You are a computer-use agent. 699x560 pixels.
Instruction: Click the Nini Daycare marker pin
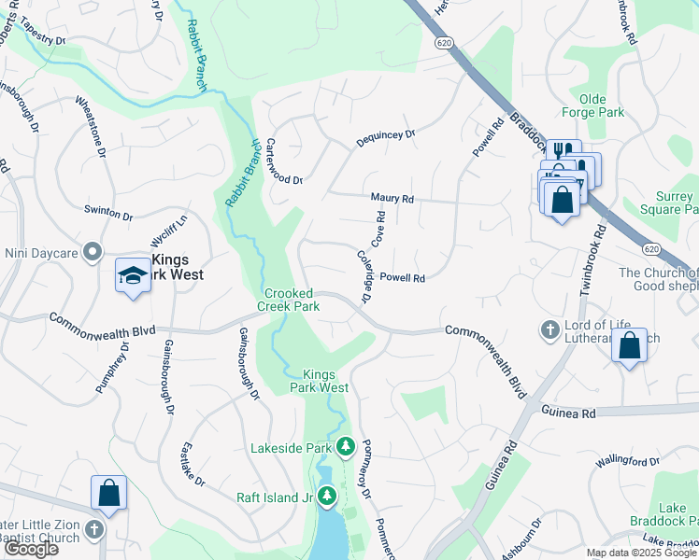pos(92,252)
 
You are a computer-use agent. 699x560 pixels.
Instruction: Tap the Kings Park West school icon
pos(133,275)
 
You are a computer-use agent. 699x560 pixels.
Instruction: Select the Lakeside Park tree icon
pos(346,448)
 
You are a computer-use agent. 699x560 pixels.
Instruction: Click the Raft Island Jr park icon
pos(327,497)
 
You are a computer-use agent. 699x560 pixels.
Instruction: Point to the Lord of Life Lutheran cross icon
pos(549,330)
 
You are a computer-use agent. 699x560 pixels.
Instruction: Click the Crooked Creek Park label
pos(289,300)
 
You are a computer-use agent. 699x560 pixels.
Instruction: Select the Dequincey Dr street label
pos(384,139)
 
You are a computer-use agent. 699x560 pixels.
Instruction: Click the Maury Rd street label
pos(392,199)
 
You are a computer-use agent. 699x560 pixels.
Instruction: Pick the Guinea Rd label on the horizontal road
pos(567,412)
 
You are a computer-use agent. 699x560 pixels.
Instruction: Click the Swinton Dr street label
pos(108,213)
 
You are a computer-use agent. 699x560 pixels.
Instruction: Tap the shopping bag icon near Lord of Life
pos(630,345)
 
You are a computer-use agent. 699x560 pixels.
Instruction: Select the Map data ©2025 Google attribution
pos(640,553)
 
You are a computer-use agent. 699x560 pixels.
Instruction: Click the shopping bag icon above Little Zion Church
pos(108,494)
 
